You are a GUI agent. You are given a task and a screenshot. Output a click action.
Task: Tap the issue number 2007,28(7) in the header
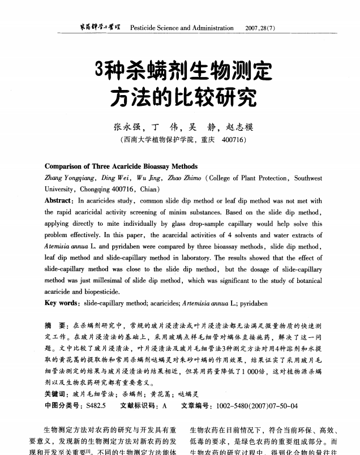coord(262,28)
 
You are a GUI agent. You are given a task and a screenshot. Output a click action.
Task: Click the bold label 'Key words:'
coord(62,303)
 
